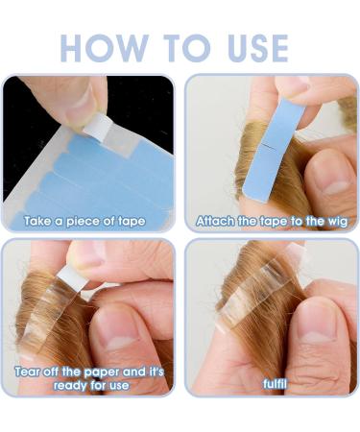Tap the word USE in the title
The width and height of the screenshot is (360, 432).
248,47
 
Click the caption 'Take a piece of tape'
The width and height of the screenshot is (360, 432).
85,222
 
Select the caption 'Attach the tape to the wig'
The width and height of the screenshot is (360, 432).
270,222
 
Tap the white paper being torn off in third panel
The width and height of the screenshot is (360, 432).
71,277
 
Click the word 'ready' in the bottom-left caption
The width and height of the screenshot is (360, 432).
46,386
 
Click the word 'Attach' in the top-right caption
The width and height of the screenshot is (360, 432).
215,222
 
